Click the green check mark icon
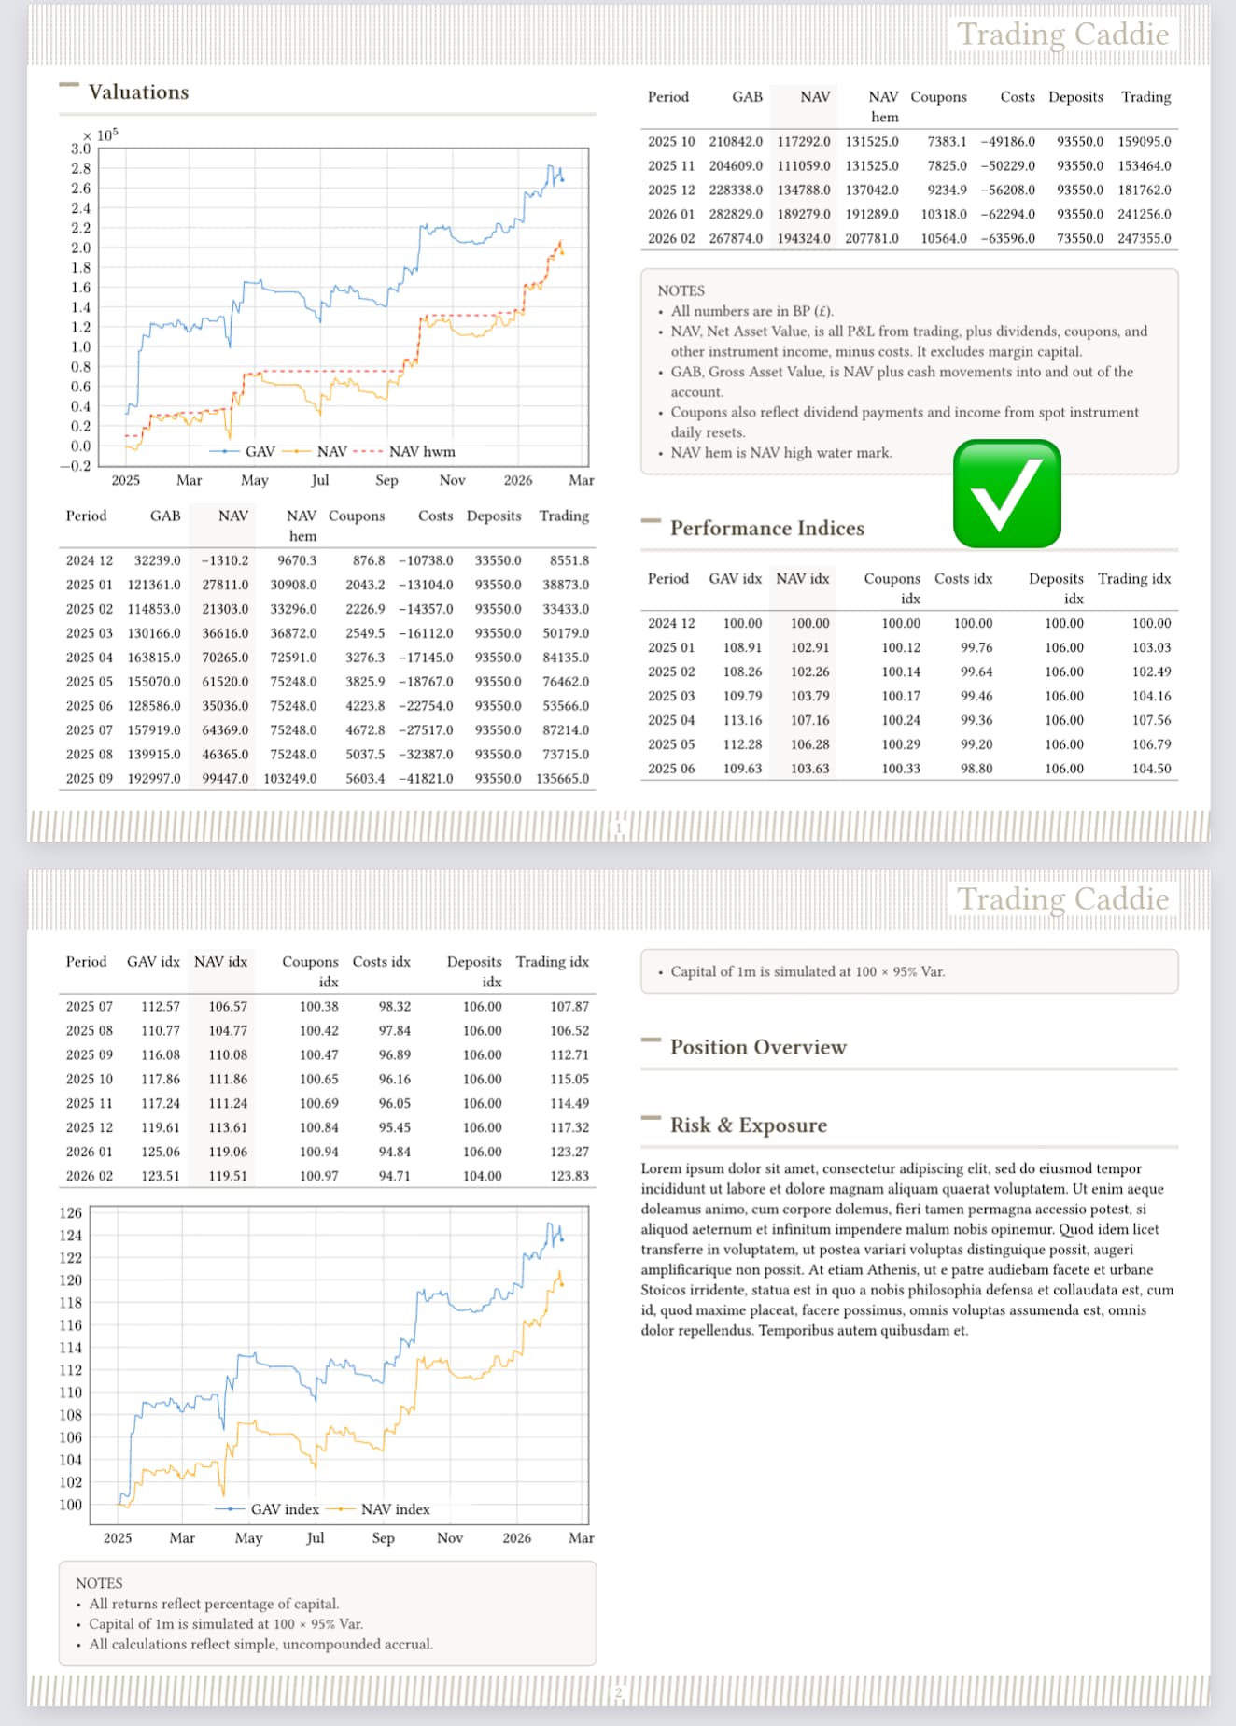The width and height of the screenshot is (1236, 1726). click(1006, 493)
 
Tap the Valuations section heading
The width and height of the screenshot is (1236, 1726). click(138, 92)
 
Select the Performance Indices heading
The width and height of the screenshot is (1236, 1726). click(766, 528)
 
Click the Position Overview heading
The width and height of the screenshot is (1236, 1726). click(757, 1047)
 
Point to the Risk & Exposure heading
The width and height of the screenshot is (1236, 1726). click(748, 1125)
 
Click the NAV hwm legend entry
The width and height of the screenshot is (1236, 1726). click(421, 451)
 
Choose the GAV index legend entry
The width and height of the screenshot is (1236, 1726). click(284, 1509)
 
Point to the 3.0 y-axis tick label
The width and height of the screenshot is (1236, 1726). click(80, 149)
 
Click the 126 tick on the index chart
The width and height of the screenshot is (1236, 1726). click(71, 1212)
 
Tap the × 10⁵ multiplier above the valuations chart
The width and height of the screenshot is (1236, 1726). click(101, 135)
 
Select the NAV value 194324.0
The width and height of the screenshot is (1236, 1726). click(803, 238)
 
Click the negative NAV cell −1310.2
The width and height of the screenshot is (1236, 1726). click(225, 560)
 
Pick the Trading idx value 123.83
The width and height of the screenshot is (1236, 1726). click(569, 1176)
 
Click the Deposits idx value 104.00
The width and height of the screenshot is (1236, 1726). click(482, 1176)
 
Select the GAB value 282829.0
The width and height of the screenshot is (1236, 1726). click(735, 214)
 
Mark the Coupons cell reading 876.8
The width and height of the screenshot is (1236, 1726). click(368, 560)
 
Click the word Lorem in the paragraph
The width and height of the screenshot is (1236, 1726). click(661, 1168)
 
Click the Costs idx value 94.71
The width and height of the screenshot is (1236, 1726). click(394, 1176)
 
